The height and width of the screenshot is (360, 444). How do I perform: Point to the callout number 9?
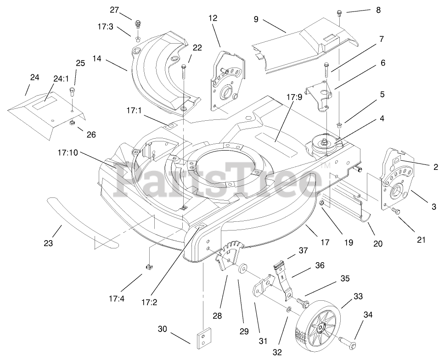pos(256,19)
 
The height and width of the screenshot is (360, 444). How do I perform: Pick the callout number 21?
pos(421,240)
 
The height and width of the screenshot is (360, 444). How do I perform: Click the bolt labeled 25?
pos(73,92)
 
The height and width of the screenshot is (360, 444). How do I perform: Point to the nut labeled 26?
pos(72,123)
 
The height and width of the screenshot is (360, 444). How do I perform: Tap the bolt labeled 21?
pos(396,212)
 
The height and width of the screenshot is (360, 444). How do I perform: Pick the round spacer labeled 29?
pos(242,269)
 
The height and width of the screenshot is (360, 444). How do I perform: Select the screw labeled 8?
pos(339,12)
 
